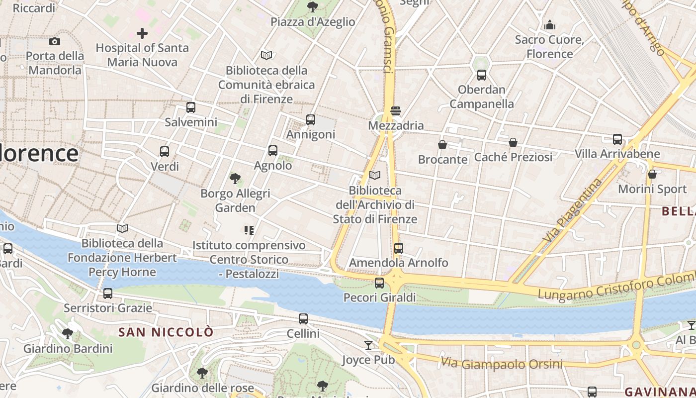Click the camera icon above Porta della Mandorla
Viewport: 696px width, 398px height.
pos(55,41)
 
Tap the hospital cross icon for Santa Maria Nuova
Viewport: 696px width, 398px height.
pos(142,33)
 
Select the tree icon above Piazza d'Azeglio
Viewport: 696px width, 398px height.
pos(313,6)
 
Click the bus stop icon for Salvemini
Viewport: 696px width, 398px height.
pos(191,107)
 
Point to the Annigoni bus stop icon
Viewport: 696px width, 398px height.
pos(311,119)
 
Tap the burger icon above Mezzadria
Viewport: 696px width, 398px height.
pos(396,110)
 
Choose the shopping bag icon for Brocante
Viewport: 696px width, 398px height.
pos(442,145)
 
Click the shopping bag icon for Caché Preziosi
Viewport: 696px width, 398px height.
pos(513,143)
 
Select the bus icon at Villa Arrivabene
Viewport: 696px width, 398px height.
pos(617,139)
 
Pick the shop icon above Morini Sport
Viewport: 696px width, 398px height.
pos(652,175)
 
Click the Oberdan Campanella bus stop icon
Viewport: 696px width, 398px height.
pos(481,75)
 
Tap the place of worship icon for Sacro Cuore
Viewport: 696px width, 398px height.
pos(550,24)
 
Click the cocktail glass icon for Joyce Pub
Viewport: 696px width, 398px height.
pos(368,345)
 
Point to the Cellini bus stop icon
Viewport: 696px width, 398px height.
pos(303,319)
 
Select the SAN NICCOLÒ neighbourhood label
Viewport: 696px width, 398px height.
pos(166,332)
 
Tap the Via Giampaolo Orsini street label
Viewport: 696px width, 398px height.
pos(502,364)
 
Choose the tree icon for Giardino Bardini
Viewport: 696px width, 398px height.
pos(68,334)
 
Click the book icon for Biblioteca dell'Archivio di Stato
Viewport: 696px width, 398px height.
pos(375,176)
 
